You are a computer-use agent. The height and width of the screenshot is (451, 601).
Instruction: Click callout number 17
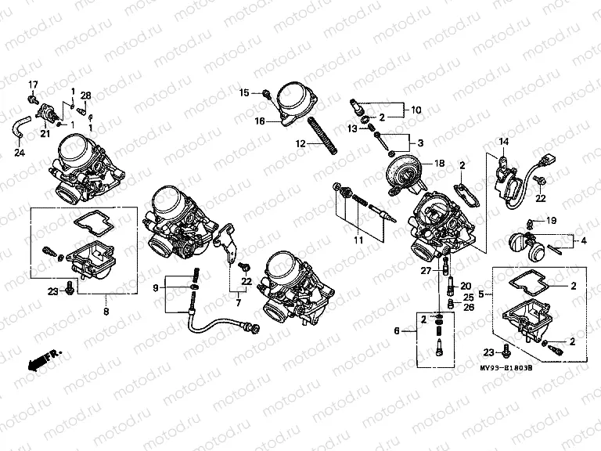coord(34,84)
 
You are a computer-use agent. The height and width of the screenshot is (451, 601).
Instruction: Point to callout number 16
coord(258,121)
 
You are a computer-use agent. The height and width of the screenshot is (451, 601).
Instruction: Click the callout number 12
coord(300,144)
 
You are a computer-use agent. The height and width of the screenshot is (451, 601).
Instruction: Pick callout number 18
coord(439,163)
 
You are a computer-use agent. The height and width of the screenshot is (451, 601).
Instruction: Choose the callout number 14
coord(504,141)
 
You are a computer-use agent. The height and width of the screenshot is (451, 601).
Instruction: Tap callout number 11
coord(358,240)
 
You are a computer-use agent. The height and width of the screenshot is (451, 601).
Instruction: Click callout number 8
coord(106,310)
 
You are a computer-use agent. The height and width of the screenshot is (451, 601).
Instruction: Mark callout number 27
coord(426,270)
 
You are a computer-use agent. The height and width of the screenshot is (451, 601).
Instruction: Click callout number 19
coord(551,221)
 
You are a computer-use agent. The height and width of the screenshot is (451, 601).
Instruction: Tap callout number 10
coord(416,110)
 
